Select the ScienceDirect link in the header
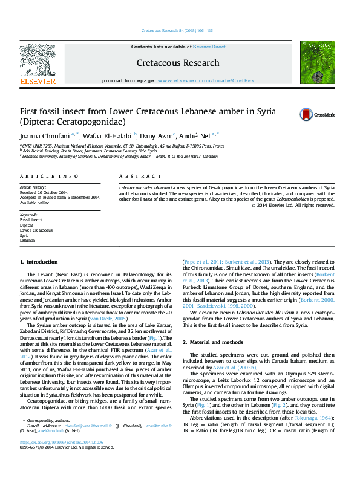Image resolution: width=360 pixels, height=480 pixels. click(x=209, y=47)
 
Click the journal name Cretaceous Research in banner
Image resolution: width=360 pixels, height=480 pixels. click(x=177, y=63)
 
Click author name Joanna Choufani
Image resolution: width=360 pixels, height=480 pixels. click(x=45, y=135)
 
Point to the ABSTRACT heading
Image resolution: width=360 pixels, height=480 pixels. click(x=137, y=176)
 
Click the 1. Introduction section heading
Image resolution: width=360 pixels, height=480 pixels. click(x=39, y=262)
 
